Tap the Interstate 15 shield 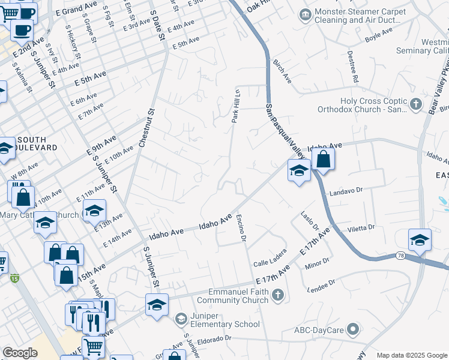14,278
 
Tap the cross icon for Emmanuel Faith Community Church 277,295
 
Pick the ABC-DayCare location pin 353,329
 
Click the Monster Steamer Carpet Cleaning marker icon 306,14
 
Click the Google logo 20,352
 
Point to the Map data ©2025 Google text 412,355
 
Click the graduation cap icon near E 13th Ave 94,211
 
